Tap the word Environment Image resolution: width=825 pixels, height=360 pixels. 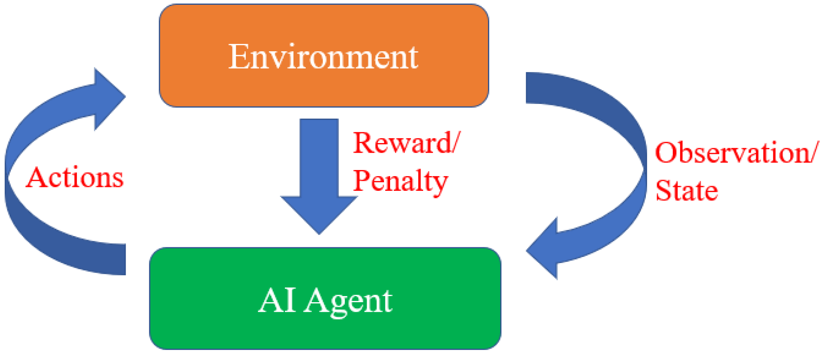coord(323,57)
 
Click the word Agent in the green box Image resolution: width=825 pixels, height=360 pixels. coord(348,301)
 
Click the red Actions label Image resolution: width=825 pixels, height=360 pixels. coord(75,177)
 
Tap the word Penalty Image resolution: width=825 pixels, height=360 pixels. coord(401,181)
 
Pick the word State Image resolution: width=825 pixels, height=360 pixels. coord(686,190)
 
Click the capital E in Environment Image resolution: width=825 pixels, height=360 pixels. coord(238,57)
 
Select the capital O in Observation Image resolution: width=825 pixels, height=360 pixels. coord(666,153)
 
